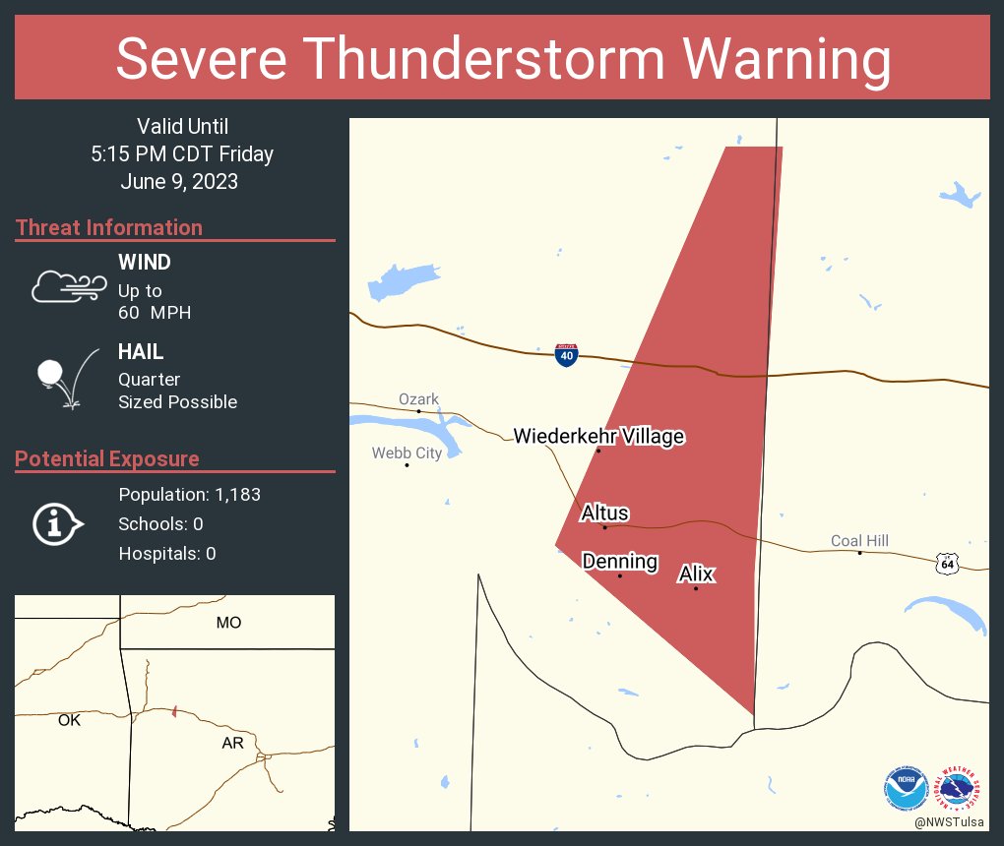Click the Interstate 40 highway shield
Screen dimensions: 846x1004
[x=566, y=355]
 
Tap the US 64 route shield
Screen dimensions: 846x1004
[x=947, y=564]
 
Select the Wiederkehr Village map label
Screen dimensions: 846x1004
[x=598, y=436]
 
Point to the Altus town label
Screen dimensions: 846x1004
[x=604, y=513]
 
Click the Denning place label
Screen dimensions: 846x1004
[x=620, y=562]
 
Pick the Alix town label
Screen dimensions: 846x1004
[x=696, y=574]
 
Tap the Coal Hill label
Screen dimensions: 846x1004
[x=860, y=540]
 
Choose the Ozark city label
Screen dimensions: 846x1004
[x=418, y=398]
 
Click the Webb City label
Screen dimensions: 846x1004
[x=407, y=453]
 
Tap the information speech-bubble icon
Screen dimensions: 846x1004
[x=57, y=524]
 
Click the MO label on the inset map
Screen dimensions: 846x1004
[x=228, y=623]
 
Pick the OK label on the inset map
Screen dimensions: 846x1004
[x=69, y=720]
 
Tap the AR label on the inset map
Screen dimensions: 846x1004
[x=232, y=744]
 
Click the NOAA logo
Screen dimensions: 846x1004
[x=907, y=787]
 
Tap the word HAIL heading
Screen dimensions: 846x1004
[x=141, y=352]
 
